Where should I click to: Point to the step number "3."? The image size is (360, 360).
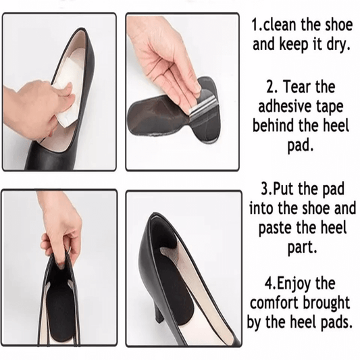point(267,186)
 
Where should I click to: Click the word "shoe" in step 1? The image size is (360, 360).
point(335,26)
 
